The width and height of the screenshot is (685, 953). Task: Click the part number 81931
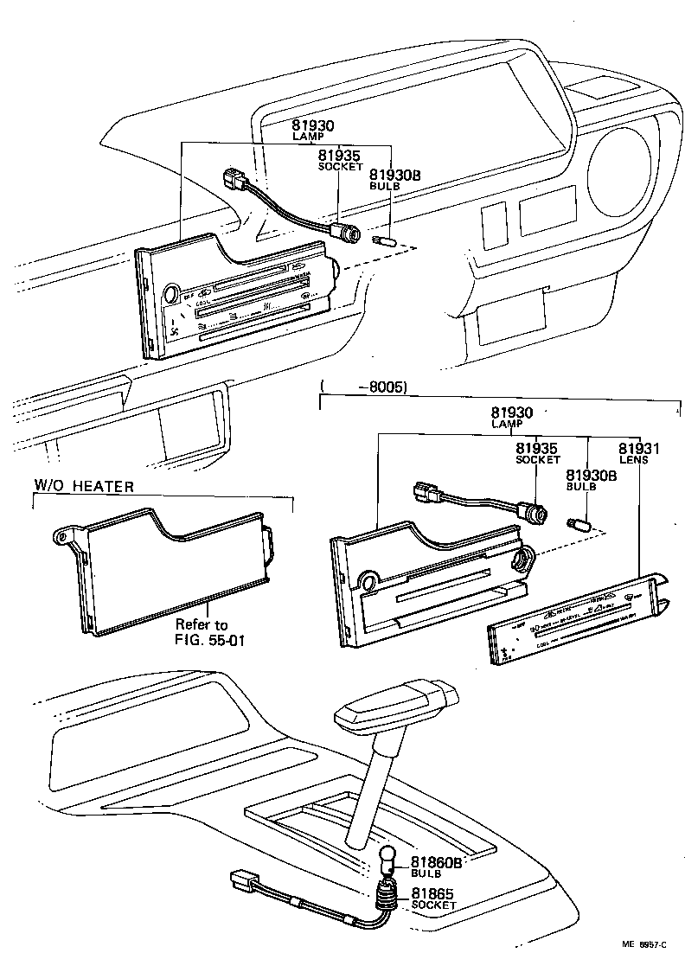(638, 449)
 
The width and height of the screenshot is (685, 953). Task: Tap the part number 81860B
(436, 862)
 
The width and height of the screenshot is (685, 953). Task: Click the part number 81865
(432, 893)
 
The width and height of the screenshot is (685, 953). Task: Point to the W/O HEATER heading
(84, 486)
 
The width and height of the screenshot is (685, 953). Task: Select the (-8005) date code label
(363, 387)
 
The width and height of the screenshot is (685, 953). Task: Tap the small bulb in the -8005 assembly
(578, 524)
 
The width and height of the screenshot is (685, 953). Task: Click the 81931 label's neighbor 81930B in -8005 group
(591, 476)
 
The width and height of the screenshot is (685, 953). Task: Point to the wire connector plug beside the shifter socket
(244, 881)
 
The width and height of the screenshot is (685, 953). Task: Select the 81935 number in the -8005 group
(536, 449)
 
